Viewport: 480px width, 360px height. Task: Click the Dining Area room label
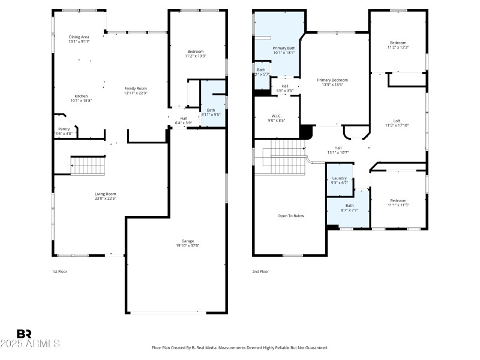coord(79,37)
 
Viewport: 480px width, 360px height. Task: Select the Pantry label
coord(64,129)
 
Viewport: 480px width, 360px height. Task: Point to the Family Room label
coord(136,88)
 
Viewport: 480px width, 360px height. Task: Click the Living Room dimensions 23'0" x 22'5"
coord(105,199)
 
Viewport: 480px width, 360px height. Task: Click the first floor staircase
coord(88,165)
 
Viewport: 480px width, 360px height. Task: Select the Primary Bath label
coord(284,48)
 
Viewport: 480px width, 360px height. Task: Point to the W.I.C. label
coord(277,116)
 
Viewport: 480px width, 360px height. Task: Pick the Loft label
coord(397,121)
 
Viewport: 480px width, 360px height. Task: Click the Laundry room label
coord(340,178)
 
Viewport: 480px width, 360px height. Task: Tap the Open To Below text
coord(290,216)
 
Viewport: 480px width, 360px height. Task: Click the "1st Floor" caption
coord(59,271)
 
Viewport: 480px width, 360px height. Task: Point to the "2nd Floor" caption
coord(260,271)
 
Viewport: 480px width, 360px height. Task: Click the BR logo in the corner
coord(24,334)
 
